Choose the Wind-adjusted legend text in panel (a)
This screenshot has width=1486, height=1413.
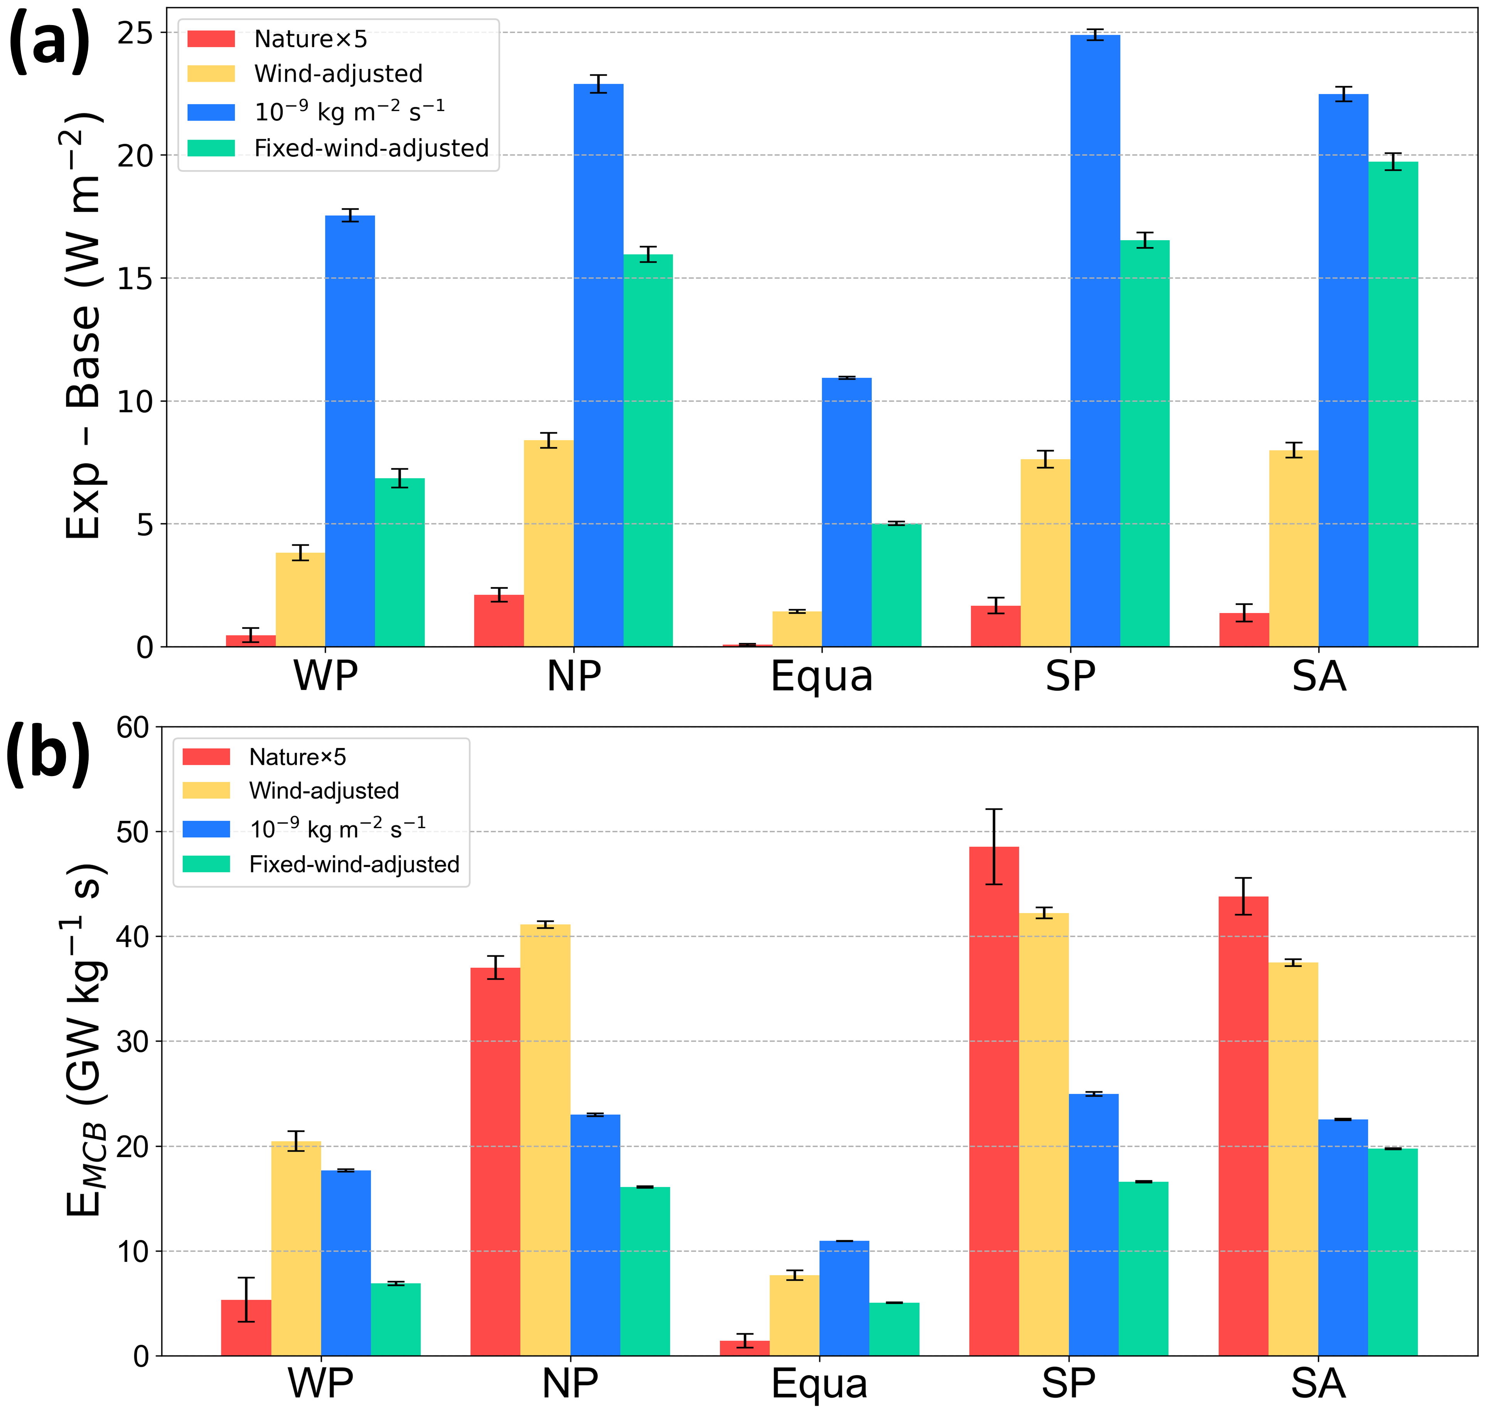pos(338,74)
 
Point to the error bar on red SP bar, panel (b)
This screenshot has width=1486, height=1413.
pos(994,847)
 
